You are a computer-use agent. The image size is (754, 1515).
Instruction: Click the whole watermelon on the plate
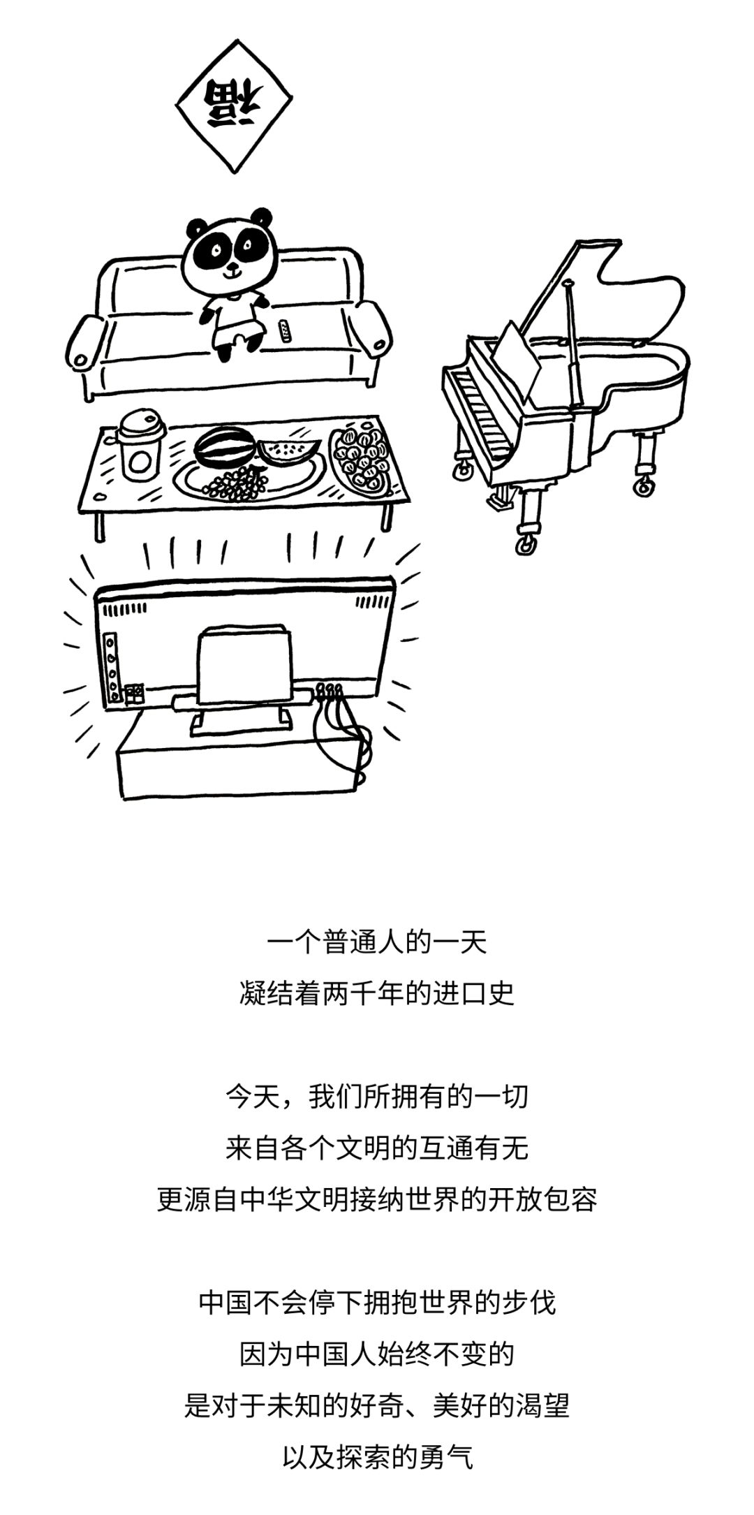coord(221,448)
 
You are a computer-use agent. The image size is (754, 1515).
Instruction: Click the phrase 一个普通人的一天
coord(377,943)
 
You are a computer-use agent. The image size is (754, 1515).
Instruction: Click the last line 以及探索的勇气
coord(377,1458)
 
